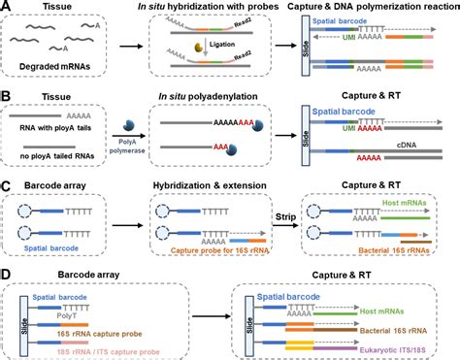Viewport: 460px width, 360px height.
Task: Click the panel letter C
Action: point(8,182)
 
